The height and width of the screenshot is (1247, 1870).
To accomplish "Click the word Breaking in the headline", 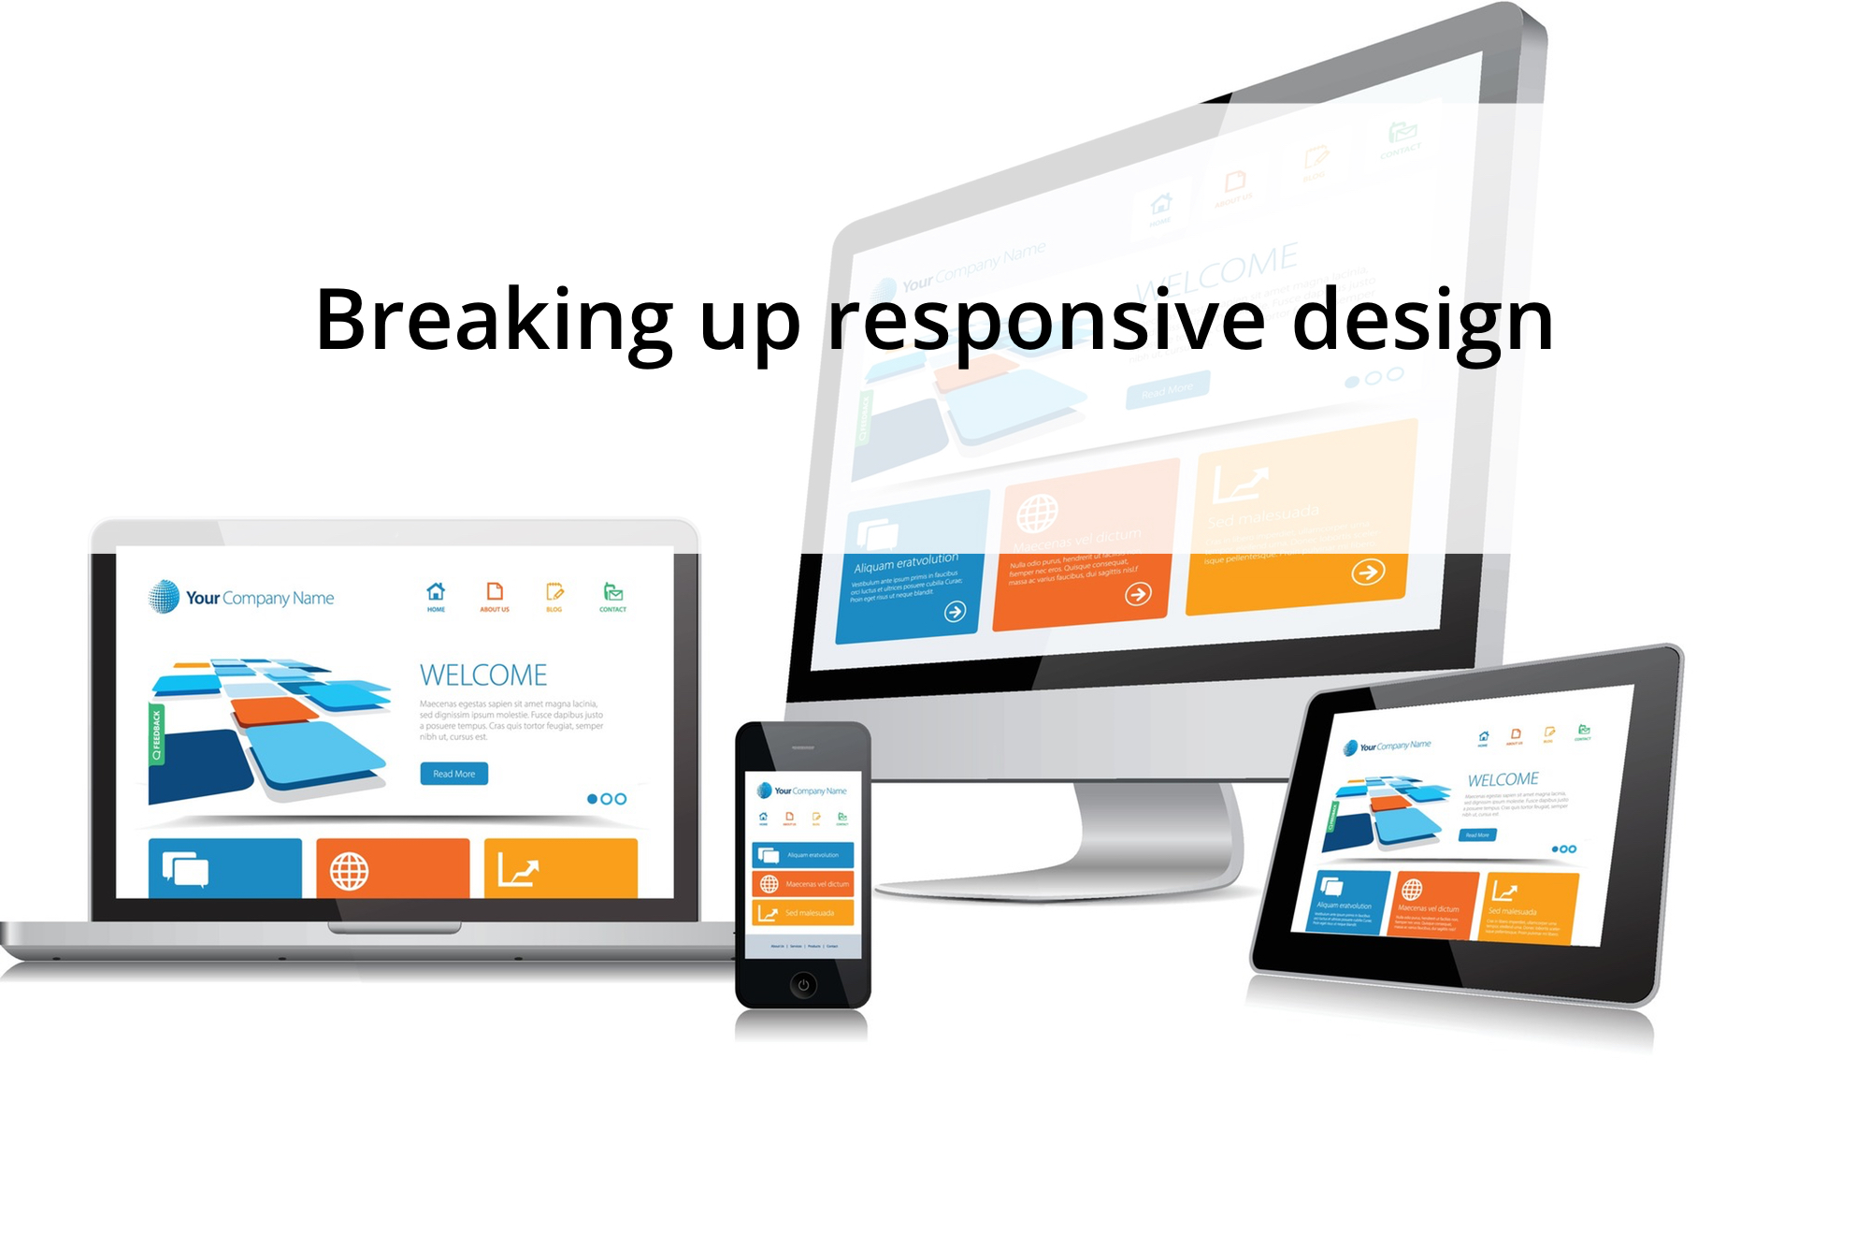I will pyautogui.click(x=493, y=320).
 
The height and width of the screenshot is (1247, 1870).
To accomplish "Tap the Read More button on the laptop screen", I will pyautogui.click(x=453, y=774).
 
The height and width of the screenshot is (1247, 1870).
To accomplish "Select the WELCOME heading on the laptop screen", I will pyautogui.click(x=482, y=674).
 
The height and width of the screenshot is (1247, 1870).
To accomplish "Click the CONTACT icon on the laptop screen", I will pyautogui.click(x=612, y=595).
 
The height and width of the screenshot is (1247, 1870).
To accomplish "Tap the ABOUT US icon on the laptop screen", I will pyautogui.click(x=495, y=595).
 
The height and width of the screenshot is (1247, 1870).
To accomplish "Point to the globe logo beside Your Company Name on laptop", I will pyautogui.click(x=164, y=596).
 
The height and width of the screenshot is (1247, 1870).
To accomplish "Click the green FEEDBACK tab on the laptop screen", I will pyautogui.click(x=156, y=734).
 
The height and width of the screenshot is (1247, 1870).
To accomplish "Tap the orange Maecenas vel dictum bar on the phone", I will pyautogui.click(x=802, y=883).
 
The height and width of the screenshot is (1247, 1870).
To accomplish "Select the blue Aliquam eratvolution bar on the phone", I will pyautogui.click(x=802, y=855).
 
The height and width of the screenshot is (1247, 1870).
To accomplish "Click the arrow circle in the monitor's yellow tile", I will pyautogui.click(x=1367, y=572).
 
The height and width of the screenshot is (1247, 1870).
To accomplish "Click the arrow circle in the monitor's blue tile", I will pyautogui.click(x=955, y=612).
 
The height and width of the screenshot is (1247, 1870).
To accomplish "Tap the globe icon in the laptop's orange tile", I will pyautogui.click(x=349, y=871).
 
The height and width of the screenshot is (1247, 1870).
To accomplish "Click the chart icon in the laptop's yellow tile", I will pyautogui.click(x=517, y=870).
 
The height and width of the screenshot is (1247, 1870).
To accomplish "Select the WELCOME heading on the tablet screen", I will pyautogui.click(x=1502, y=779).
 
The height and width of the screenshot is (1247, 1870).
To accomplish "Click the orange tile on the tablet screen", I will pyautogui.click(x=1433, y=904).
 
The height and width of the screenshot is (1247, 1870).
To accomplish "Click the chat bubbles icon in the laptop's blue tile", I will pyautogui.click(x=185, y=870).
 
